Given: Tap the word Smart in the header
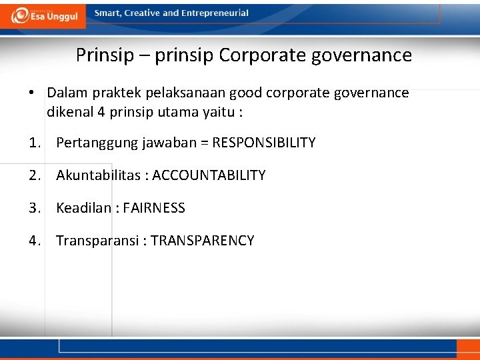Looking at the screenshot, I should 108,13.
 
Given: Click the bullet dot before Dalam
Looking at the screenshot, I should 32,93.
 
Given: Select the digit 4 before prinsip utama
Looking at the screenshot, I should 101,111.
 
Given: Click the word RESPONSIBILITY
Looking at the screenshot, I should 264,143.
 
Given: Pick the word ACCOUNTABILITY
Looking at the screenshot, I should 209,175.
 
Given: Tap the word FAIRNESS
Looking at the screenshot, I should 154,208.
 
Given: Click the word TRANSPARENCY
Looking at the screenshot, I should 203,241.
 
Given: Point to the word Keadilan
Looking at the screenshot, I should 83,208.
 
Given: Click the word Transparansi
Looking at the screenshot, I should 97,241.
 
